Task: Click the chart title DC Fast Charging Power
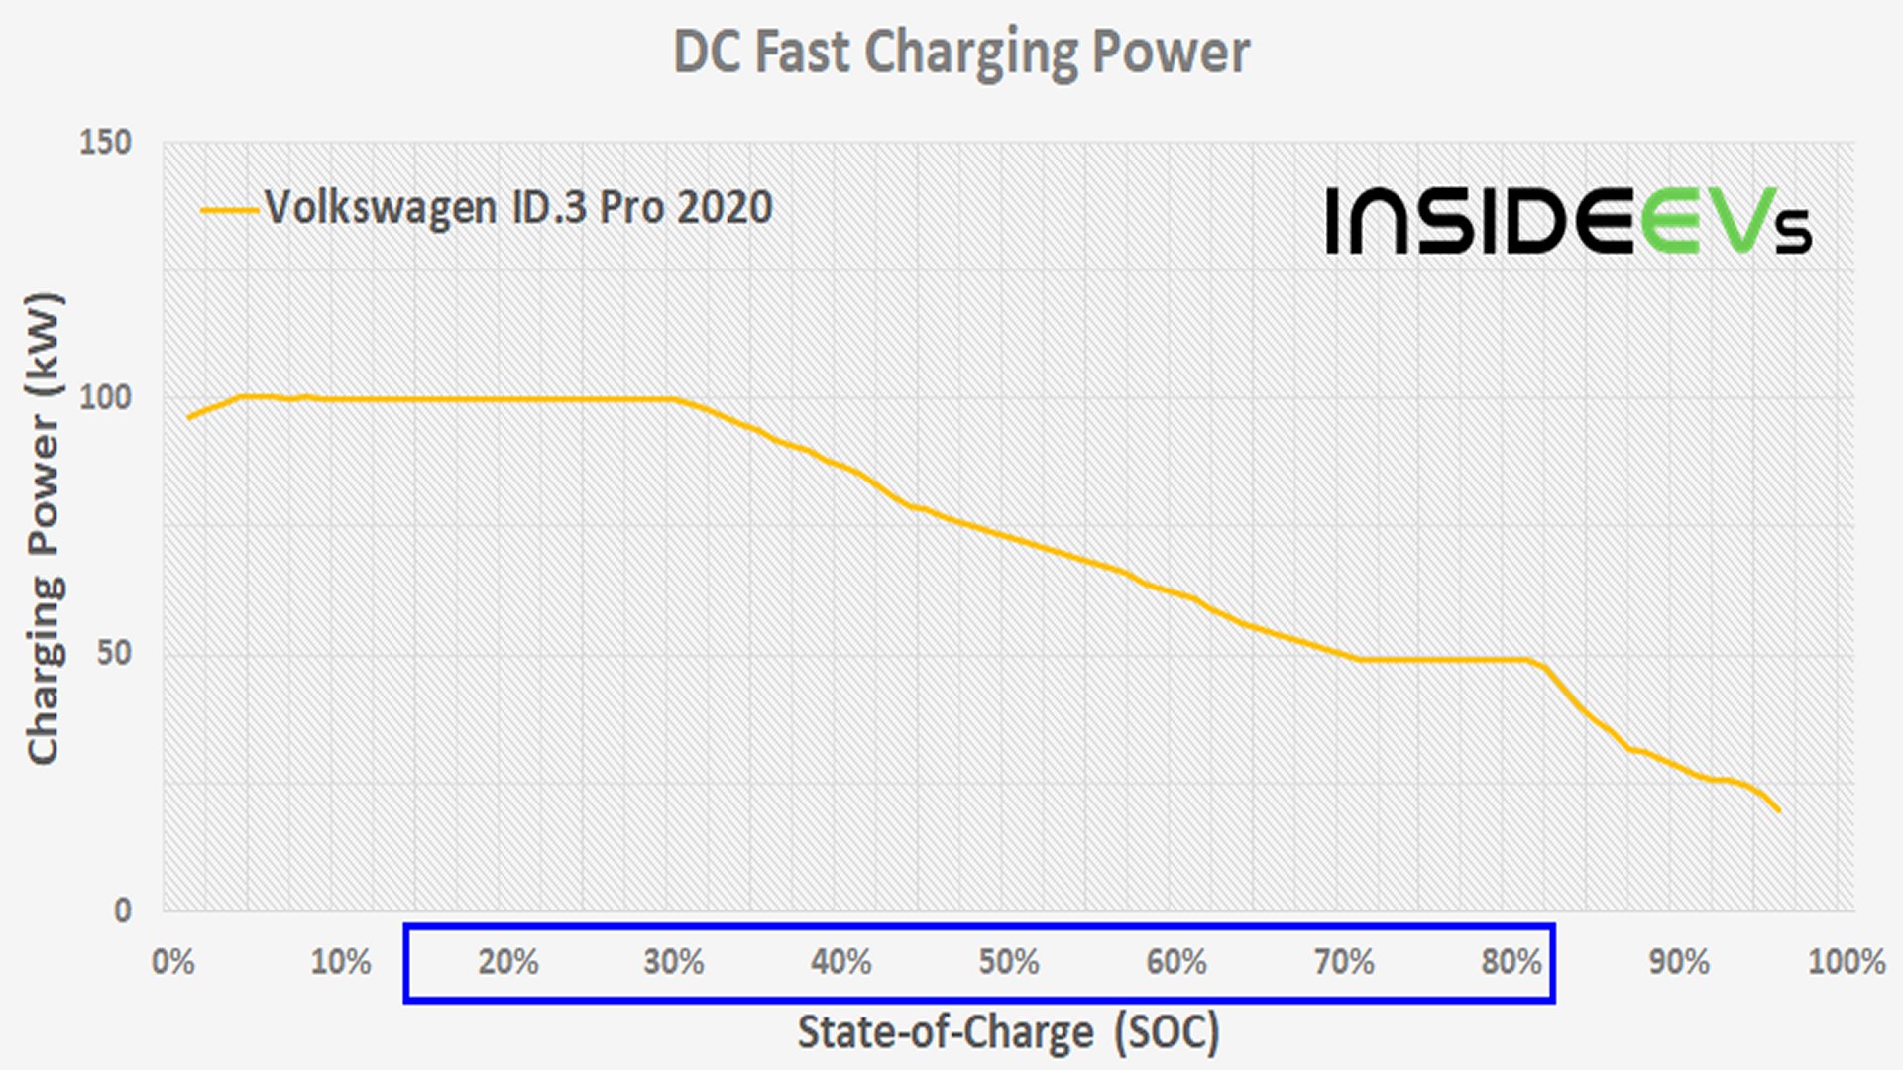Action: tap(961, 52)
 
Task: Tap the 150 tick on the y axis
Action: tap(105, 142)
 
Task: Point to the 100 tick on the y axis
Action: tap(105, 397)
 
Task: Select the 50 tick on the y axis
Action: tap(114, 653)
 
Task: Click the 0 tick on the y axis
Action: tap(122, 909)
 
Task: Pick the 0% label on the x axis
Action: tap(172, 962)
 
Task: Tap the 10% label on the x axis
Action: tap(340, 962)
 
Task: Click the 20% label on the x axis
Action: tap(507, 962)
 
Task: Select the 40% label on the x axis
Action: tap(841, 962)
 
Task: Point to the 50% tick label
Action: tap(1009, 962)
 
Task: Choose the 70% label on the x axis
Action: tap(1344, 962)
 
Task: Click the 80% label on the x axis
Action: tap(1511, 962)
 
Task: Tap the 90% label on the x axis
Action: tap(1679, 962)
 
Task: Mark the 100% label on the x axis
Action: tap(1846, 962)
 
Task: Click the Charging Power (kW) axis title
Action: tap(44, 528)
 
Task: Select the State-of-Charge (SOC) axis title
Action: tap(1009, 1032)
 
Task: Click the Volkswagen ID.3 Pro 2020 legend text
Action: tap(518, 208)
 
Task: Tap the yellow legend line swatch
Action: tap(229, 210)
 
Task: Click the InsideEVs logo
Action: tap(1569, 220)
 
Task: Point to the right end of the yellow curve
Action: tap(1779, 810)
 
